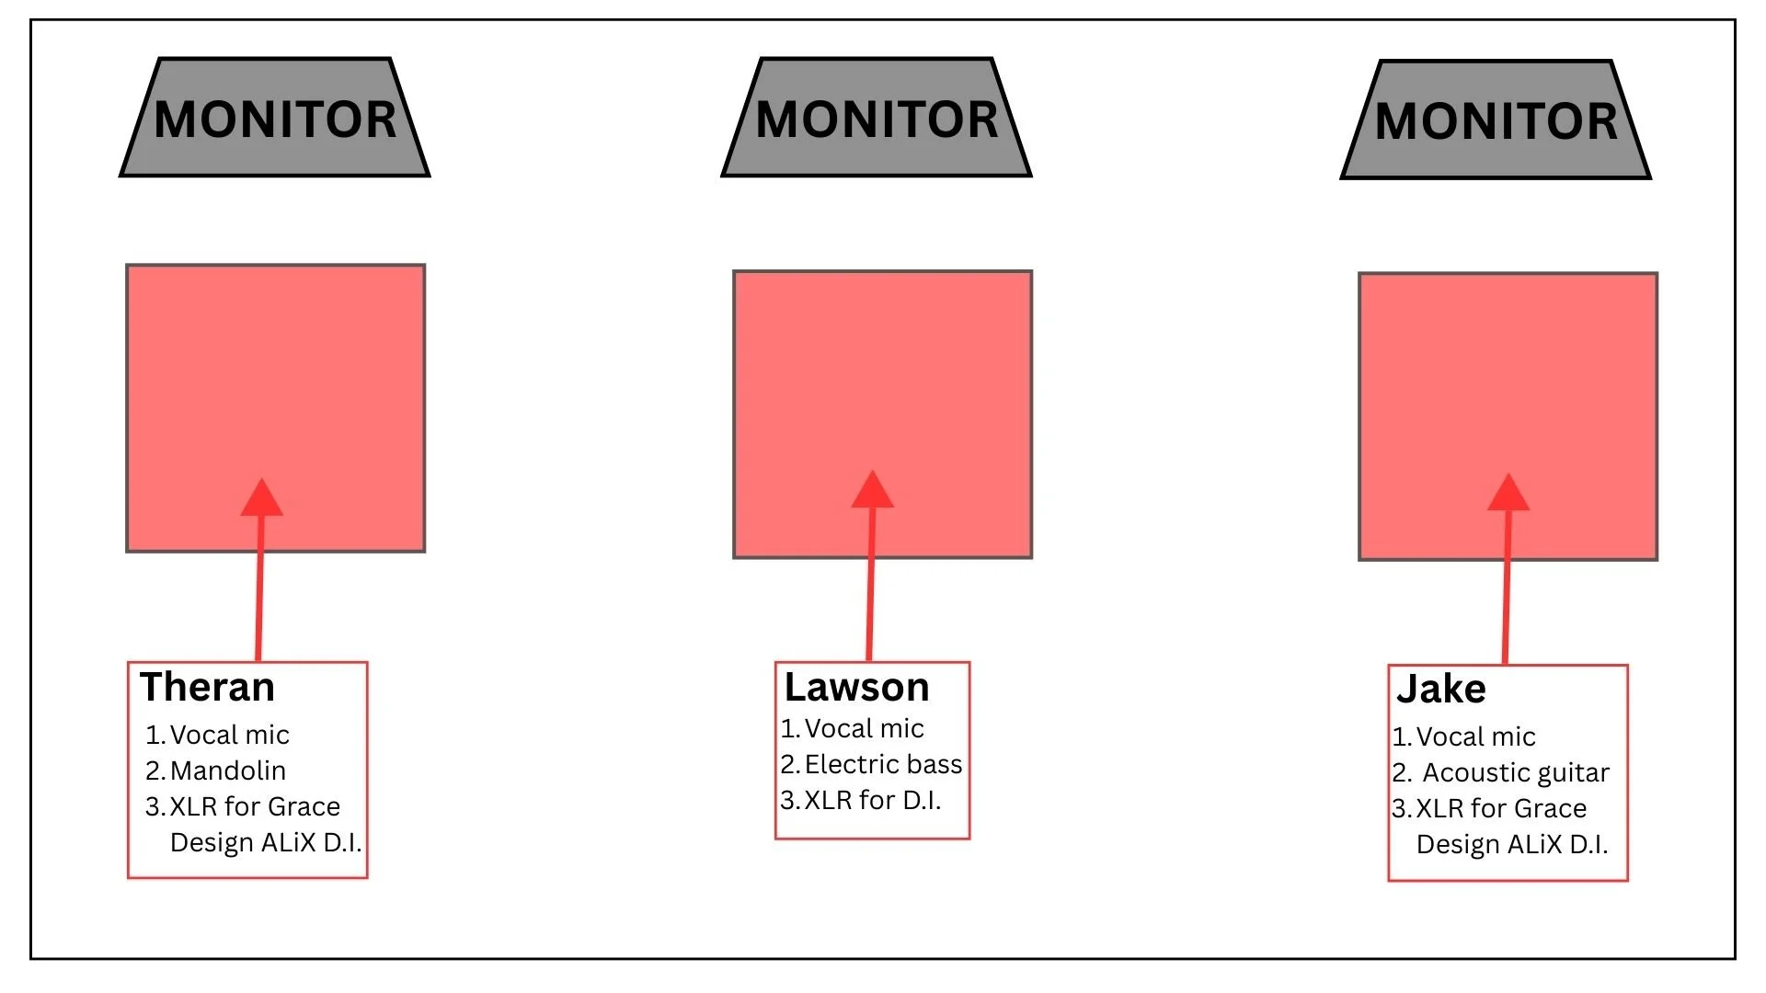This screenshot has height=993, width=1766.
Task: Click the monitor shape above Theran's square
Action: pyautogui.click(x=275, y=119)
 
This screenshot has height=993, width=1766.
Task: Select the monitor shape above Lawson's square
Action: pyautogui.click(x=877, y=119)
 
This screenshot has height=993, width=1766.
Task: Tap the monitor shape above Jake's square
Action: pyautogui.click(x=1496, y=120)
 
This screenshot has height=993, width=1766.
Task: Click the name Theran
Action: pyautogui.click(x=207, y=688)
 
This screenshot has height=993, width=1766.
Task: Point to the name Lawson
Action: pyautogui.click(x=856, y=688)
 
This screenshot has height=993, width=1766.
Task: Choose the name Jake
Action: pyautogui.click(x=1440, y=690)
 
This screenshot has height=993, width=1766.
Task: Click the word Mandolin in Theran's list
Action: pyautogui.click(x=228, y=770)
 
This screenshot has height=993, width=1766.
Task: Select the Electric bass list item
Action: pyautogui.click(x=883, y=764)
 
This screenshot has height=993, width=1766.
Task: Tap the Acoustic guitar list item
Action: pyautogui.click(x=1516, y=772)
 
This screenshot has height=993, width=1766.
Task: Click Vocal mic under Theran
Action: pyautogui.click(x=229, y=735)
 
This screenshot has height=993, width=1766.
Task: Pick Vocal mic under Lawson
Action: pyautogui.click(x=864, y=728)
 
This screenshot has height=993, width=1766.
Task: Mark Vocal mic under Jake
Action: pyautogui.click(x=1475, y=736)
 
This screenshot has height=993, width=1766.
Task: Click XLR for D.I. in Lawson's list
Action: pyautogui.click(x=872, y=800)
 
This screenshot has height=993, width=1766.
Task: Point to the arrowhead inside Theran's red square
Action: pyautogui.click(x=261, y=498)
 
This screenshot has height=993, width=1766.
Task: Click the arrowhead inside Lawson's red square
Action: pyautogui.click(x=872, y=491)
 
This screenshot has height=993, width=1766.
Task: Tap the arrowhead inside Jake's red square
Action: pyautogui.click(x=1508, y=494)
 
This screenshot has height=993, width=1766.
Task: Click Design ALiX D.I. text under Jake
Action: pyautogui.click(x=1512, y=844)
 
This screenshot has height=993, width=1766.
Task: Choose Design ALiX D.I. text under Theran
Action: pyautogui.click(x=266, y=842)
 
